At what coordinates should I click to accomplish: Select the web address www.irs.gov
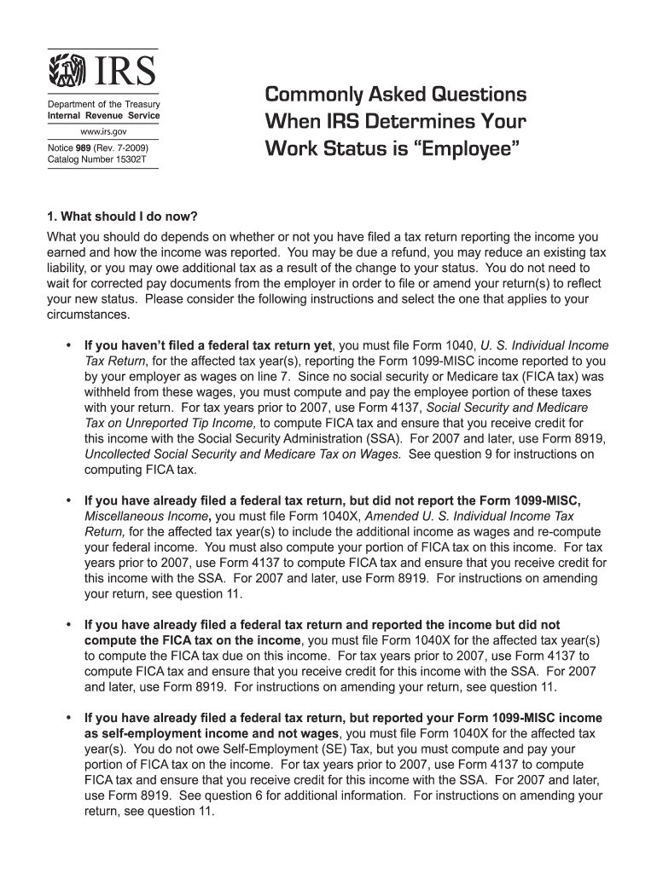pyautogui.click(x=103, y=133)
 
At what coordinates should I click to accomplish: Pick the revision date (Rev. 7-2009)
pyautogui.click(x=126, y=148)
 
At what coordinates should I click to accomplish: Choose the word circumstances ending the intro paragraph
pyautogui.click(x=86, y=314)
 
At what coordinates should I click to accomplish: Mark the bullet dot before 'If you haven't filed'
pyautogui.click(x=67, y=345)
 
